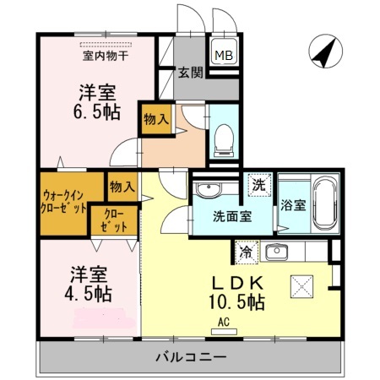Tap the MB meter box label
pos(223,56)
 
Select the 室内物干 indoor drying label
pos(105,57)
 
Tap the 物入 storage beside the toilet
pos(156,117)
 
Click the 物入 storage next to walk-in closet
pos(122,186)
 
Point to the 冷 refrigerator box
pos(246,251)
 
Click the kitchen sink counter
pos(276,251)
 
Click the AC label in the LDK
pos(225,322)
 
